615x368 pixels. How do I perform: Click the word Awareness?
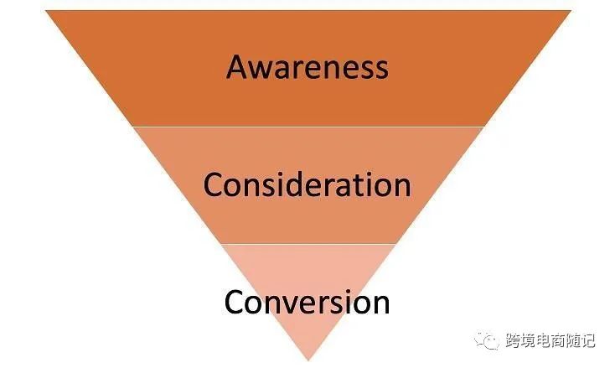pos(307,67)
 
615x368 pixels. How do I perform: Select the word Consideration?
pos(307,184)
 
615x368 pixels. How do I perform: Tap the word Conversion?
pos(307,302)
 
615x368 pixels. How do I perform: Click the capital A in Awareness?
pos(238,67)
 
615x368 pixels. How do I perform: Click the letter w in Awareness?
pos(265,70)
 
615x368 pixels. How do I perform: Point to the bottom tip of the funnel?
pos(308,360)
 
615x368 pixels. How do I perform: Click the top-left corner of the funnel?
pos(46,11)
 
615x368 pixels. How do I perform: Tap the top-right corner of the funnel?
pos(571,11)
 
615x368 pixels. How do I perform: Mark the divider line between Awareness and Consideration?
pos(308,127)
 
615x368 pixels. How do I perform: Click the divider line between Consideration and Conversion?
pos(308,244)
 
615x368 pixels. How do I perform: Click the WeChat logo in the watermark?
pos(487,339)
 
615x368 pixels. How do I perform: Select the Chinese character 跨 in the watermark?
pos(513,340)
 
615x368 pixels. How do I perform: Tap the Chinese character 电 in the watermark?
pos(544,340)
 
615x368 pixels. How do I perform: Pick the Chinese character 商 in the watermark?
pos(559,340)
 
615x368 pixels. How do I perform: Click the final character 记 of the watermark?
pos(588,340)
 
